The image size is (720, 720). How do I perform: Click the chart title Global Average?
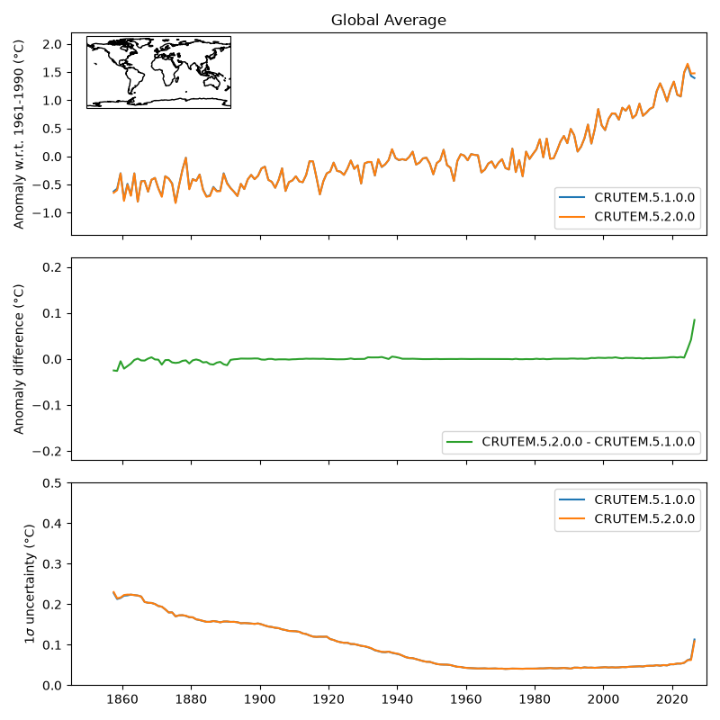[x=389, y=20]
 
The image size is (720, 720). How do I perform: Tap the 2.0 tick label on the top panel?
[x=52, y=44]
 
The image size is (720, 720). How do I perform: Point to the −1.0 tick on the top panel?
[x=47, y=213]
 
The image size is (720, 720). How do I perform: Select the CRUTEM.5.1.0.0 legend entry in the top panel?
[x=626, y=197]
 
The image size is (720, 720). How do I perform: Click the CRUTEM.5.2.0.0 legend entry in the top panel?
[x=626, y=217]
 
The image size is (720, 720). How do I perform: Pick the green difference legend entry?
[x=571, y=442]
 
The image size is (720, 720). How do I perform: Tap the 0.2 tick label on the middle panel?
[x=52, y=267]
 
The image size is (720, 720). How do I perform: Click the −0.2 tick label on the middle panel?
[x=47, y=452]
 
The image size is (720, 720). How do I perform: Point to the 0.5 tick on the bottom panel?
[x=52, y=483]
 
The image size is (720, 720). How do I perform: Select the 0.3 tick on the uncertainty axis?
[x=52, y=564]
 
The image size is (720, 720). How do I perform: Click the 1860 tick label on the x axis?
[x=122, y=699]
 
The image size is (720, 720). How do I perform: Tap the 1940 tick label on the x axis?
[x=397, y=699]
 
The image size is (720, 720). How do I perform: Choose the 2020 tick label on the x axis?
[x=672, y=699]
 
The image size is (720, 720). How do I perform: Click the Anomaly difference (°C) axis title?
[x=18, y=359]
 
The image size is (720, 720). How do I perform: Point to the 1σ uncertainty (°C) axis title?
[x=30, y=584]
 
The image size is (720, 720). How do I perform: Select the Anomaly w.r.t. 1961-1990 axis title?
[x=18, y=134]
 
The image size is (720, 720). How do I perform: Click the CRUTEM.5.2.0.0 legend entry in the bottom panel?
[x=626, y=519]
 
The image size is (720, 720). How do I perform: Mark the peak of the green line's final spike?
[x=694, y=319]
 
